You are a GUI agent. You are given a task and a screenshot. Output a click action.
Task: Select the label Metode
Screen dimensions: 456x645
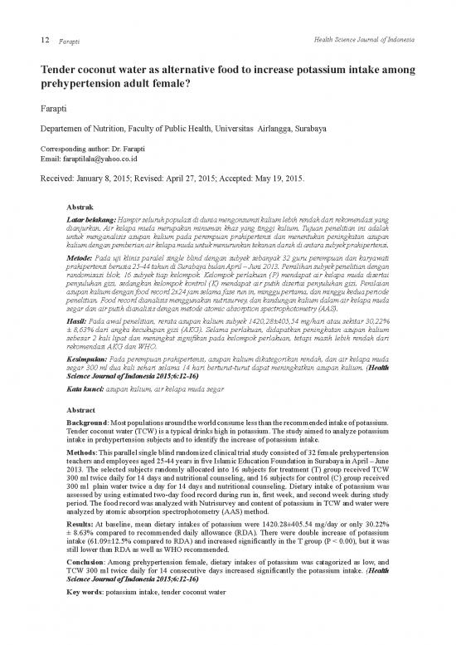point(79,257)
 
